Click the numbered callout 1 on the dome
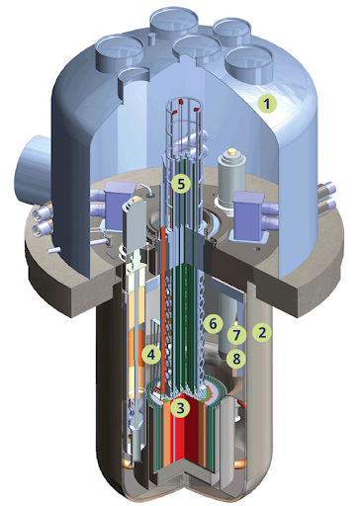267,104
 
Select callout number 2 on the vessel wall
262,332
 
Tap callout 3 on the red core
180,408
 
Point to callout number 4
151,355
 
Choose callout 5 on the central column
181,184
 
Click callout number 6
213,324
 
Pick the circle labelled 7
236,335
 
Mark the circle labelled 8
236,358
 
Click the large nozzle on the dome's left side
32,167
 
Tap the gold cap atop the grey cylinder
232,152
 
